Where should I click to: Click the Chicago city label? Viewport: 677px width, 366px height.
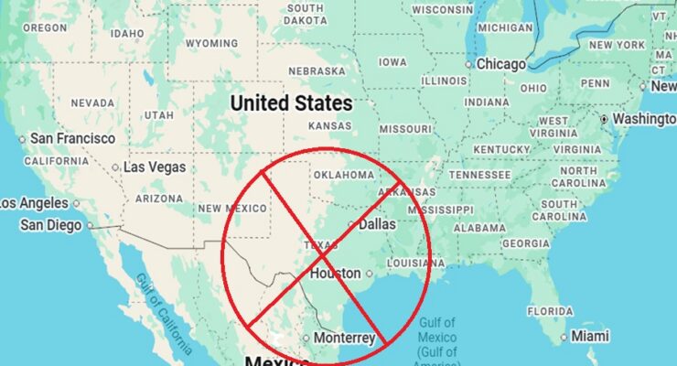tap(501, 64)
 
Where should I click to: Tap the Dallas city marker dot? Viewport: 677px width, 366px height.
tap(351, 224)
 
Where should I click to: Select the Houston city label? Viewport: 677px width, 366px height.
tap(335, 273)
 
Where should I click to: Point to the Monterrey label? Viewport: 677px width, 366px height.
tap(344, 338)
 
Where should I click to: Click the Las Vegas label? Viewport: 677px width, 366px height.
tap(154, 167)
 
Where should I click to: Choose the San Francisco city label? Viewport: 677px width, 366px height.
tap(72, 138)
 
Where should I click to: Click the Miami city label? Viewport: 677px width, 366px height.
tap(589, 336)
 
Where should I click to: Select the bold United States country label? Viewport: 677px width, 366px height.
tap(291, 102)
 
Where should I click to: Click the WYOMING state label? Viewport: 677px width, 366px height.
tap(211, 43)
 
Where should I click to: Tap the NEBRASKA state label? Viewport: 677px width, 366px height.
tap(317, 70)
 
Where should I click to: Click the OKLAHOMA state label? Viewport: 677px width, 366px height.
tap(343, 174)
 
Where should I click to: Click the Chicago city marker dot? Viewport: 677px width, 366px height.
tap(469, 65)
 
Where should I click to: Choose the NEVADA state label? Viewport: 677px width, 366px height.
tap(92, 102)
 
